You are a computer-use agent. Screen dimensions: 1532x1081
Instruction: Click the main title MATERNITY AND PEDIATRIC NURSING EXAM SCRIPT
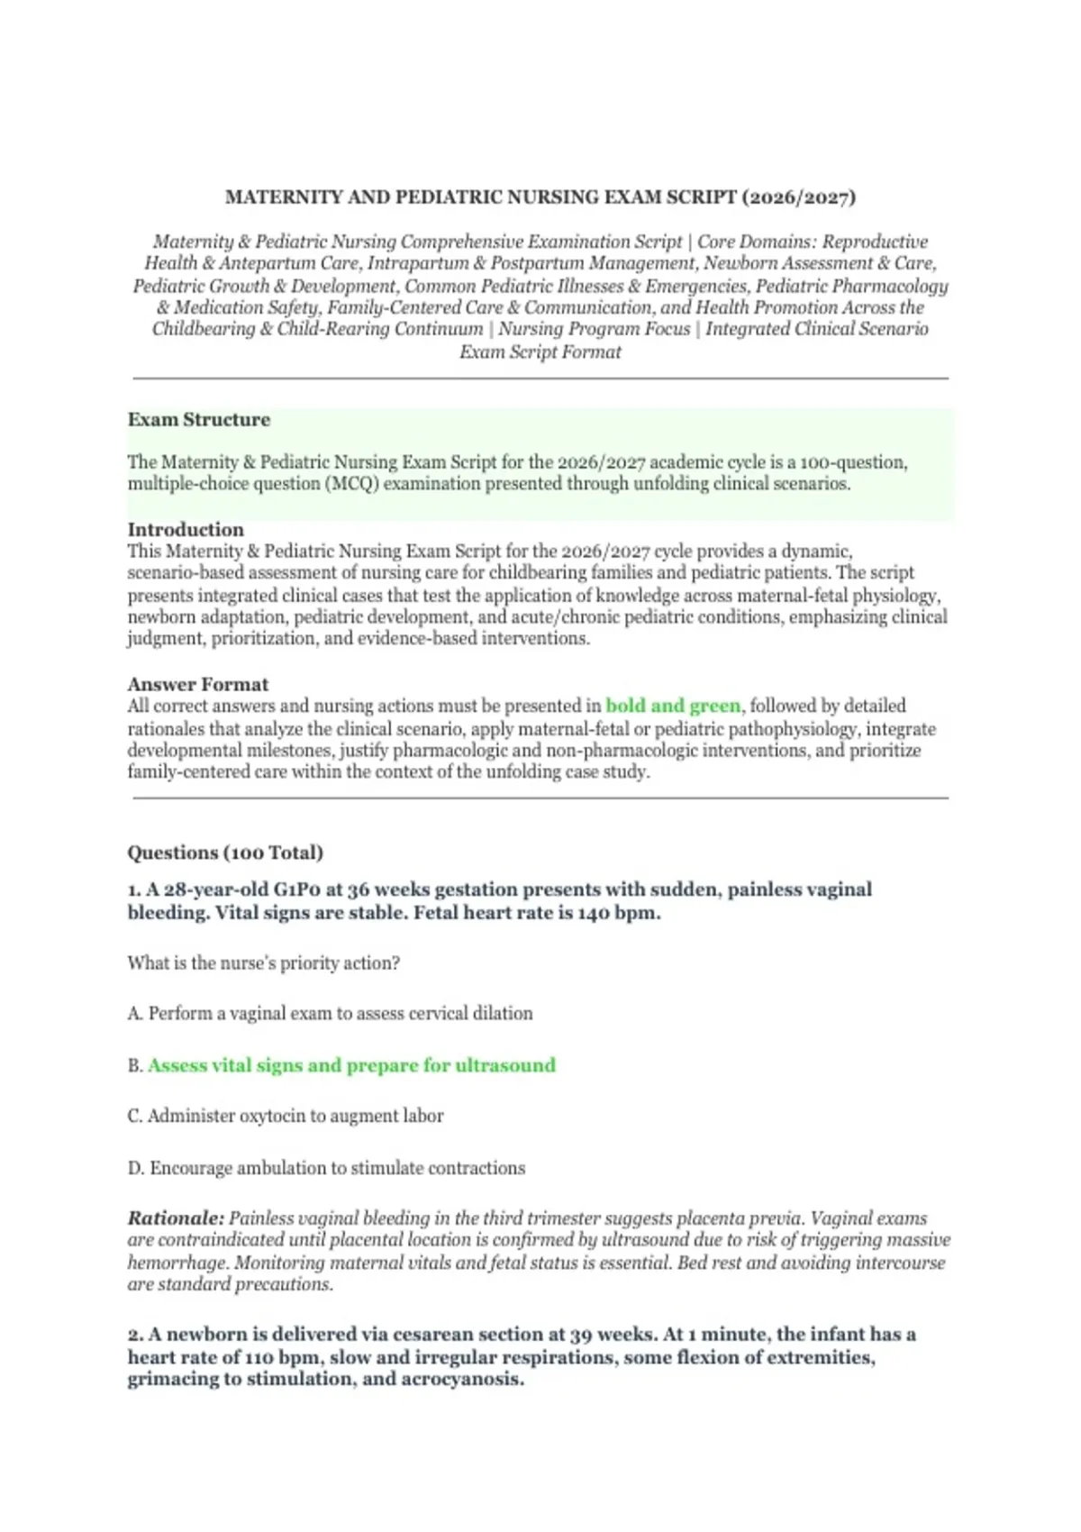coord(540,197)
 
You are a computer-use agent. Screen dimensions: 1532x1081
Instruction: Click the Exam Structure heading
coord(198,420)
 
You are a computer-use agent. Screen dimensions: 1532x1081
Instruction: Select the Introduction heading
coord(186,530)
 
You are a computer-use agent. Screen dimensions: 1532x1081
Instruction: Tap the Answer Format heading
coord(197,685)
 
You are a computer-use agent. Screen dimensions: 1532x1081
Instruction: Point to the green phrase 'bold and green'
coord(673,707)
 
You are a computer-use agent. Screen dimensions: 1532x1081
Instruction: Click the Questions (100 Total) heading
coord(225,853)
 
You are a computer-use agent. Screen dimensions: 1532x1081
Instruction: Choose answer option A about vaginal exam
coord(330,1014)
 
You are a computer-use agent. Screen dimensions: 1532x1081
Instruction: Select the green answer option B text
coord(351,1065)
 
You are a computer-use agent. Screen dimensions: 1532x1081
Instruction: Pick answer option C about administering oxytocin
coord(286,1117)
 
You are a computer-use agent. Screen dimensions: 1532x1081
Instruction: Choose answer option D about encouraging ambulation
coord(326,1168)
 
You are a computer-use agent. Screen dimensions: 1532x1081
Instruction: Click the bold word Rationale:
coord(176,1218)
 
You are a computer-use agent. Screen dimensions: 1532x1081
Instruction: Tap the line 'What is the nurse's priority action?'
coord(263,963)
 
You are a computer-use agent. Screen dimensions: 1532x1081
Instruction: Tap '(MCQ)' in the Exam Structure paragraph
coord(352,485)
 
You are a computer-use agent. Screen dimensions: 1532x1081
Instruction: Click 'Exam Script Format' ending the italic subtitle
coord(540,352)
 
